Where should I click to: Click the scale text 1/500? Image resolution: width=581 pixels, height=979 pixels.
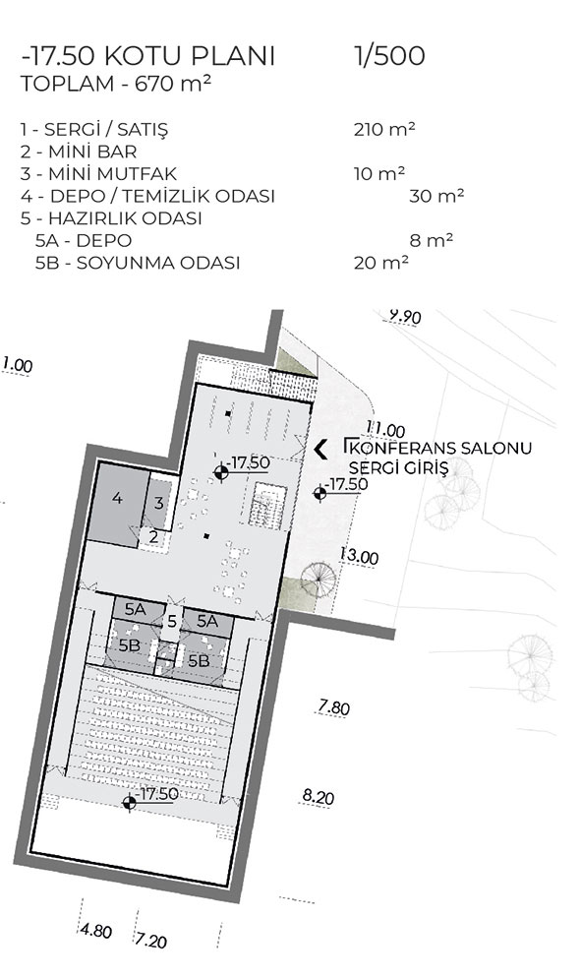click(x=389, y=55)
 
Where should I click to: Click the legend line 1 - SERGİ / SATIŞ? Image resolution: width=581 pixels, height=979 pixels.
click(x=94, y=130)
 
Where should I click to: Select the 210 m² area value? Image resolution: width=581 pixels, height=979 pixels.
click(x=384, y=129)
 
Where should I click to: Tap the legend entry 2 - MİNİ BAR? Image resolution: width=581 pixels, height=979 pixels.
click(x=79, y=152)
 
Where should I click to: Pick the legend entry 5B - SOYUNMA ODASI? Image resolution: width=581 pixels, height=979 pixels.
click(x=138, y=263)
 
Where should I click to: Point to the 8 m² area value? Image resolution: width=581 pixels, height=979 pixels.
click(x=432, y=240)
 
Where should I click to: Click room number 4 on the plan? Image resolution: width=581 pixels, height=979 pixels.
click(x=117, y=499)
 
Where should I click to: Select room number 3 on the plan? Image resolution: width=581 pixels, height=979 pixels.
click(x=158, y=503)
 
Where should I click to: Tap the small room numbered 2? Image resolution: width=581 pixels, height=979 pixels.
click(x=153, y=535)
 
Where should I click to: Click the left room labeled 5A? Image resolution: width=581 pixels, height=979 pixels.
click(x=136, y=609)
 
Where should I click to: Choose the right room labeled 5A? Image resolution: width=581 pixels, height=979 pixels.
click(x=207, y=621)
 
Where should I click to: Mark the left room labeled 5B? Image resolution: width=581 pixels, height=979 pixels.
click(x=130, y=645)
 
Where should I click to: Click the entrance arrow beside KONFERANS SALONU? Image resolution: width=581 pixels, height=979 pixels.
click(x=321, y=450)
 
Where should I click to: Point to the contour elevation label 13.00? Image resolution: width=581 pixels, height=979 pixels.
click(x=360, y=556)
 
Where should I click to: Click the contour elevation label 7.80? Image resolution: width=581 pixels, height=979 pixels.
click(x=334, y=707)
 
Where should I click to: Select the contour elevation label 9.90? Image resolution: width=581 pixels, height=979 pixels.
click(x=405, y=317)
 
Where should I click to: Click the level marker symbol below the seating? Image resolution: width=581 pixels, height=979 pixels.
click(x=129, y=803)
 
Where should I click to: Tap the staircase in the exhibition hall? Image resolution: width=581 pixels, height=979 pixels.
click(x=268, y=506)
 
